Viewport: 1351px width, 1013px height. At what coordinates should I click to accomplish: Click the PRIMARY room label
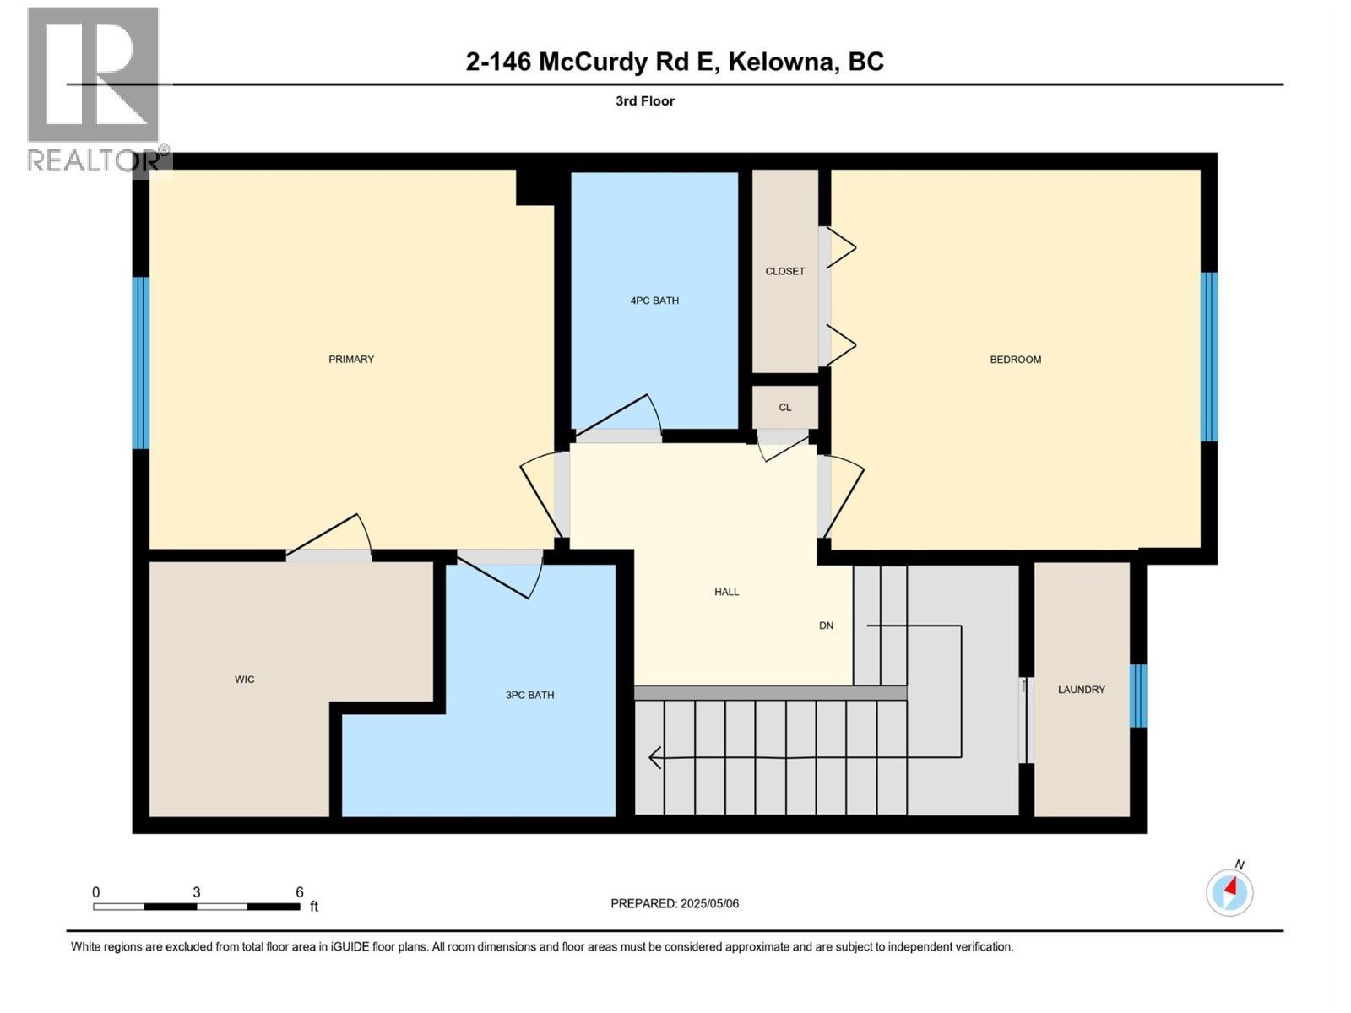[351, 360]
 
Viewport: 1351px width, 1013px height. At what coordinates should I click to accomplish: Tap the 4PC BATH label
[654, 301]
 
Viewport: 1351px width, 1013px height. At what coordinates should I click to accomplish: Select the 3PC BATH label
[529, 696]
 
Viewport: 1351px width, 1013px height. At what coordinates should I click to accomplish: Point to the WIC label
[244, 680]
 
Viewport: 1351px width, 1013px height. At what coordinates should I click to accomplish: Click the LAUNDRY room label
[1081, 690]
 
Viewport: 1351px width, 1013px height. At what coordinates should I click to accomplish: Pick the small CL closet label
[785, 408]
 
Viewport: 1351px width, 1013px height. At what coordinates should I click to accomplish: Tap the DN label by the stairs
[826, 626]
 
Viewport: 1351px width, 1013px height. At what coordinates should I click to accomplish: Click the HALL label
[726, 592]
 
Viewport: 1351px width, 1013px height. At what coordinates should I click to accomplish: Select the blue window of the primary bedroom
[141, 363]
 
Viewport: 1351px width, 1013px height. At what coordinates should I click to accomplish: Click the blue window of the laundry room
[1138, 696]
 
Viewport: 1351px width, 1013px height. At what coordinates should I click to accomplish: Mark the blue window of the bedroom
[1209, 356]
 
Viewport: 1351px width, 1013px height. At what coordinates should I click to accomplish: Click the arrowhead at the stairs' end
[654, 758]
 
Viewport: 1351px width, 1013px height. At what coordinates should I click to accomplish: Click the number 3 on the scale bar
[197, 892]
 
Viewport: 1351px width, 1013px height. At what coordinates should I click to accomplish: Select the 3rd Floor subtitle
[645, 101]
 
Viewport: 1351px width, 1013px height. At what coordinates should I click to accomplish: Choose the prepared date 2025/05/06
[709, 903]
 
